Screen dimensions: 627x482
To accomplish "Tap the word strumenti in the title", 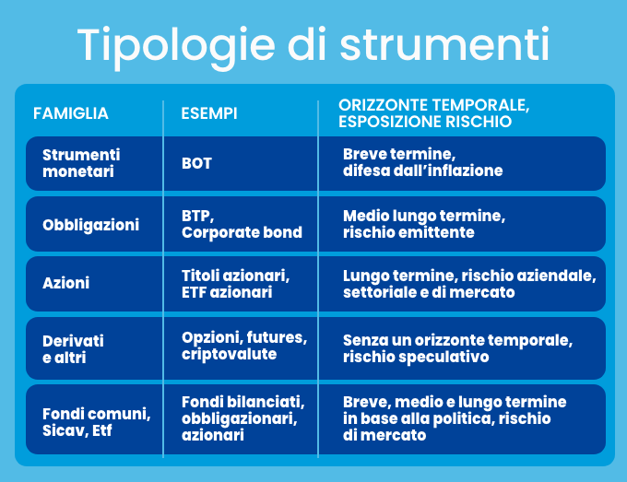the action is [444, 43].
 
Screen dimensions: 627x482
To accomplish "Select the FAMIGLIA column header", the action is [71, 113].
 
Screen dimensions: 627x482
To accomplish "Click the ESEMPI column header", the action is [209, 113].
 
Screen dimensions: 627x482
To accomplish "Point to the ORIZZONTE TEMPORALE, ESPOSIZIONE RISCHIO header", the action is [434, 113].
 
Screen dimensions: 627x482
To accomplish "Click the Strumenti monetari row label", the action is [81, 163].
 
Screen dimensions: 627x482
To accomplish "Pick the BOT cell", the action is [196, 163].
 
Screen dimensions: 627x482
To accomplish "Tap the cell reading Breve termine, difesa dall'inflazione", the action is [422, 162].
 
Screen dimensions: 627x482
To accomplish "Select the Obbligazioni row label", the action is [90, 225].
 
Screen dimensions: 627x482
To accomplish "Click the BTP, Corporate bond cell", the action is [242, 224].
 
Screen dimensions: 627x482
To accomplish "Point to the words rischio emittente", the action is [408, 232].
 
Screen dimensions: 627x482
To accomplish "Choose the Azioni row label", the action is [66, 283].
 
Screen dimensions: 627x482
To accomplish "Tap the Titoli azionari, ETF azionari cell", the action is [236, 284].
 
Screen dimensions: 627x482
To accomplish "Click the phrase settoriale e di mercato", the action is [429, 292].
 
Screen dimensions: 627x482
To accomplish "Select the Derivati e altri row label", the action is [73, 349].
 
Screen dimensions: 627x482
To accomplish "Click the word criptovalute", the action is [229, 354].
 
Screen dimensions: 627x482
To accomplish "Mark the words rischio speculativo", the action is [416, 357].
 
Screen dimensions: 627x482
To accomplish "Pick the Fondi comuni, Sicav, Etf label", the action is [97, 422].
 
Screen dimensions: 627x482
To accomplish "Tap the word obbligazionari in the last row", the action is [240, 418].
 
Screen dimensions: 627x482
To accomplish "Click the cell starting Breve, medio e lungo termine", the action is [455, 418].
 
